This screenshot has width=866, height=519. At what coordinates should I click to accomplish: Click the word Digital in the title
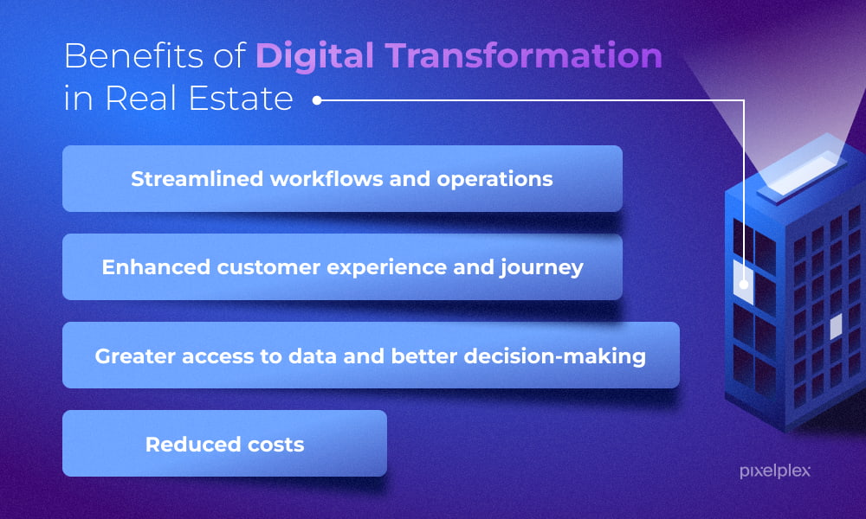pyautogui.click(x=315, y=57)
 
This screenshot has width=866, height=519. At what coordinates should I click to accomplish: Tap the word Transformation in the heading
pyautogui.click(x=524, y=55)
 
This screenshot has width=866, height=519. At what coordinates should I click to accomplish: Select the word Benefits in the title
pyautogui.click(x=134, y=55)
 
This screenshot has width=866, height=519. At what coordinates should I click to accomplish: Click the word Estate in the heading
pyautogui.click(x=240, y=98)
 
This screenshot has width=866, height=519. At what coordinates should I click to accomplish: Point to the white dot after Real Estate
pyautogui.click(x=317, y=100)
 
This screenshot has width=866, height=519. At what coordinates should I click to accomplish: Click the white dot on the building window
pyautogui.click(x=744, y=285)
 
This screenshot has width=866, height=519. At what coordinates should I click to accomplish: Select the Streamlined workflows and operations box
pyautogui.click(x=342, y=179)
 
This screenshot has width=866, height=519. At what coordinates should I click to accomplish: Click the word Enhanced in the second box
pyautogui.click(x=156, y=267)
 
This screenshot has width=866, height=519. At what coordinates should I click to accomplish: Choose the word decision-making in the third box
pyautogui.click(x=554, y=356)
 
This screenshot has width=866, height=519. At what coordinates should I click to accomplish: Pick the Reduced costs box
pyautogui.click(x=225, y=444)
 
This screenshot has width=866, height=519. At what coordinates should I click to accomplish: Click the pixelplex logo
pyautogui.click(x=775, y=471)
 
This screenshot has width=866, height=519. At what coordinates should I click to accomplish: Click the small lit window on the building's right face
pyautogui.click(x=836, y=326)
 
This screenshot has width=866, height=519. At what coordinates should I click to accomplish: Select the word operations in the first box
pyautogui.click(x=494, y=180)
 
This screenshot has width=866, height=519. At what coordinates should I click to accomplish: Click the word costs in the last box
pyautogui.click(x=276, y=445)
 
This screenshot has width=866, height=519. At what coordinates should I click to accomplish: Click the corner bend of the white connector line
pyautogui.click(x=744, y=100)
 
